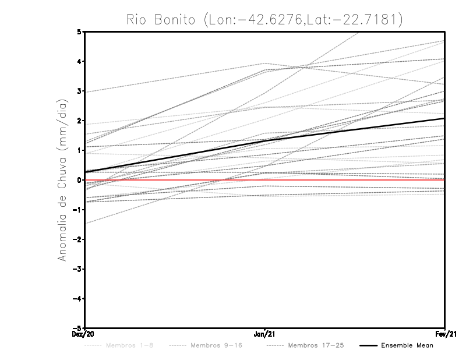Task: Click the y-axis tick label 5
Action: [80, 32]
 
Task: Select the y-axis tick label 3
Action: [80, 91]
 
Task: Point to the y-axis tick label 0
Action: [80, 180]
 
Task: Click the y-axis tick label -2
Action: [78, 239]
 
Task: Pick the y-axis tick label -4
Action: [78, 298]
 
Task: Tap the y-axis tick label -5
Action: [78, 328]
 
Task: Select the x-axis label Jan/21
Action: [265, 334]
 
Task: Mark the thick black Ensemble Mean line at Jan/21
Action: [265, 140]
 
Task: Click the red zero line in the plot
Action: [349, 180]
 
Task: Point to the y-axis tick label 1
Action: [80, 150]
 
